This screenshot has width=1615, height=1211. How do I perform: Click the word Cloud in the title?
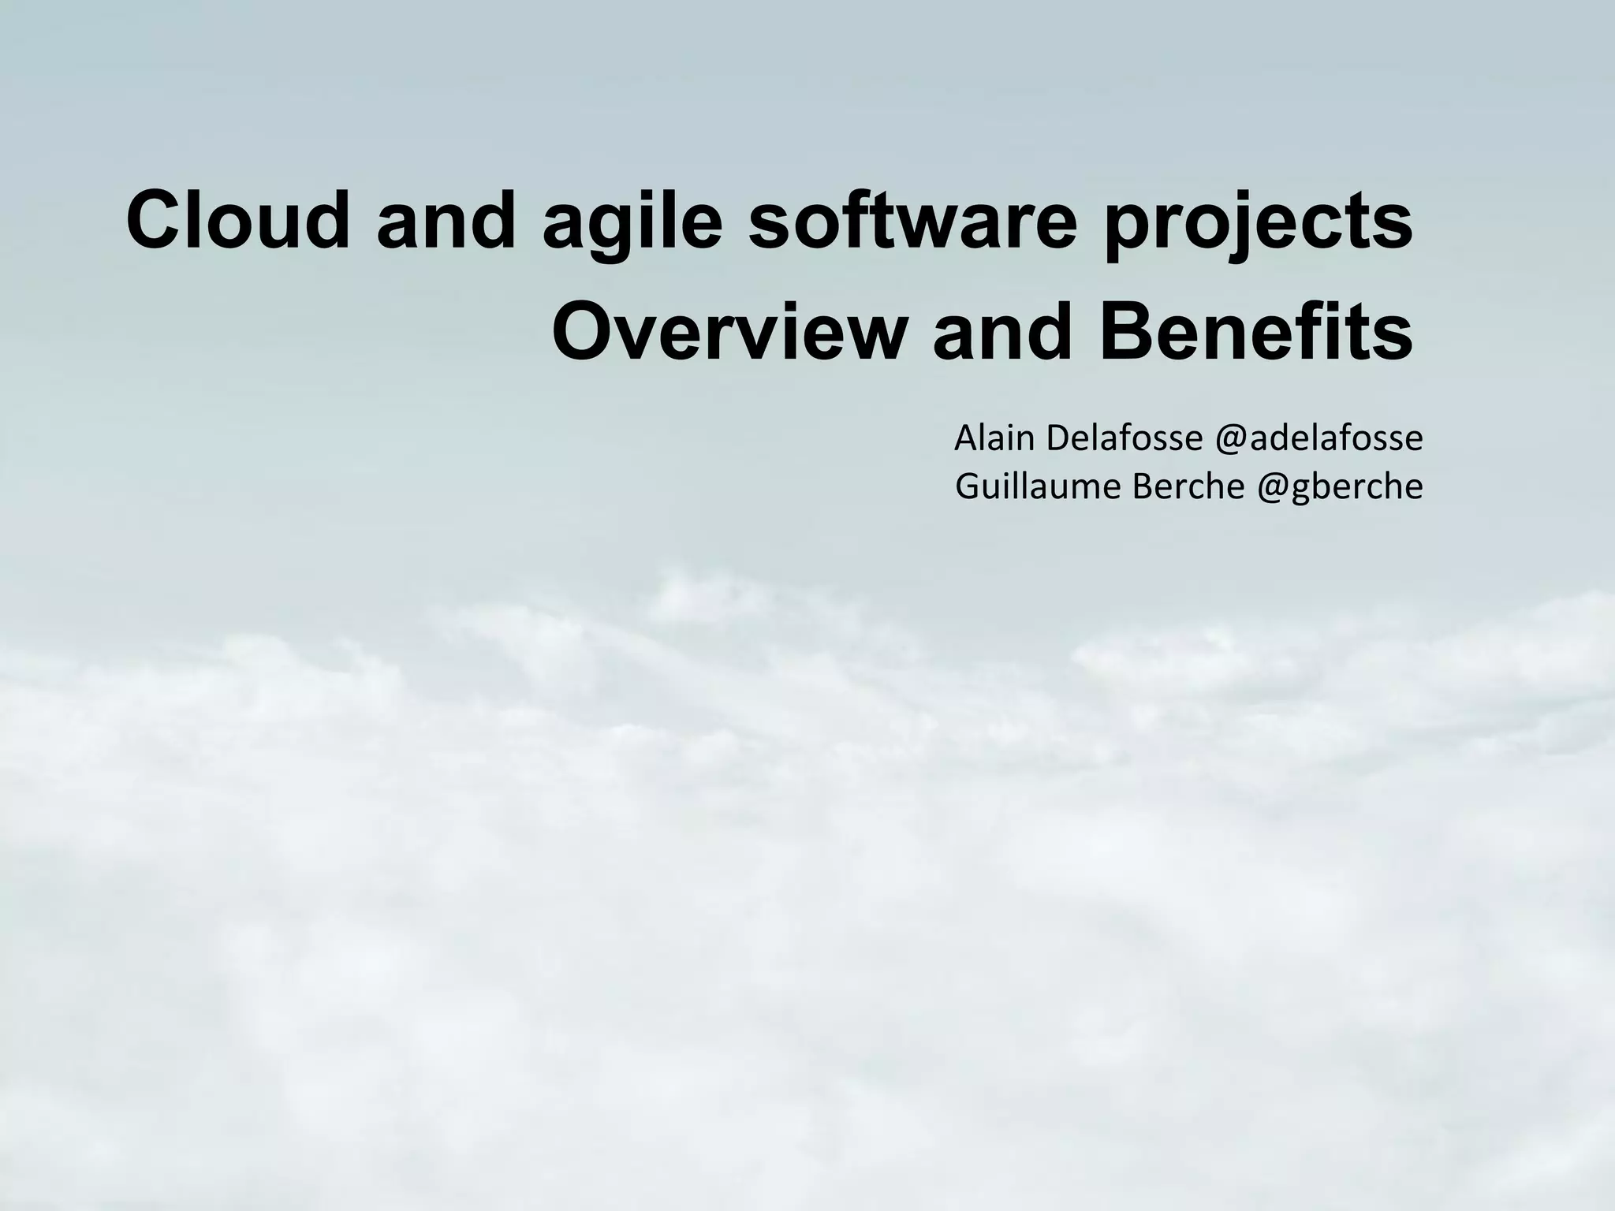coord(237,222)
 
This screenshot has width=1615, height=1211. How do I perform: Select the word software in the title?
coord(912,222)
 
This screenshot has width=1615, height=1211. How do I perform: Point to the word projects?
coord(1257,224)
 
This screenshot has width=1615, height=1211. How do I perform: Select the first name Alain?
coord(994,438)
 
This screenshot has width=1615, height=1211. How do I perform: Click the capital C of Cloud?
coord(153,222)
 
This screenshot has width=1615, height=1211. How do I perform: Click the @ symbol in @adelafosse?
coord(1231,439)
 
